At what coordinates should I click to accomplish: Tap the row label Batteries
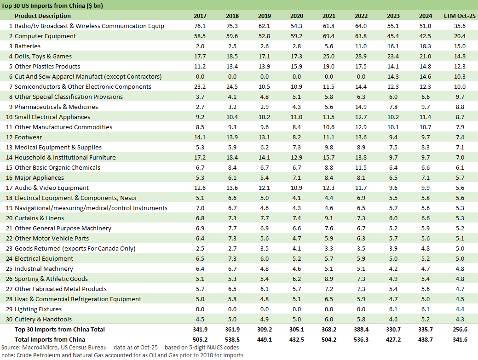28,46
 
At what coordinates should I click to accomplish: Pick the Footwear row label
28,137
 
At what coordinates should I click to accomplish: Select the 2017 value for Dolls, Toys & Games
200,57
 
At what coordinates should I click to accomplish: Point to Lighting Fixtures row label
38,309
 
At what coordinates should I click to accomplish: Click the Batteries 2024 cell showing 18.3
426,46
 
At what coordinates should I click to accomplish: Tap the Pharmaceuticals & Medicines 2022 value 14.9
361,107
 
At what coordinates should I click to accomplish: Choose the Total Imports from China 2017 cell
200,339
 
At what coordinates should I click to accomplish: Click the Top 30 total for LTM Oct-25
460,329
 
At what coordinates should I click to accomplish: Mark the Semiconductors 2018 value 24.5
232,87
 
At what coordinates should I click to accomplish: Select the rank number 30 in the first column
9,320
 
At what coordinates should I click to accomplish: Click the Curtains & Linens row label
39,218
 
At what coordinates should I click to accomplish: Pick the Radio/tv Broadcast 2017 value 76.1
200,26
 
